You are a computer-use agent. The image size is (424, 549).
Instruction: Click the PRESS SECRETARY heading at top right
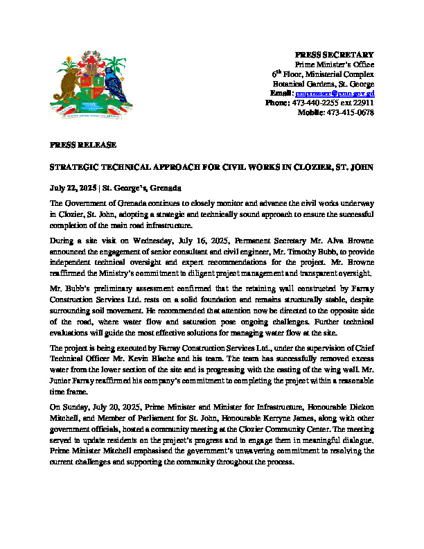pos(335,54)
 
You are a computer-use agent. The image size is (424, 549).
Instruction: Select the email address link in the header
pos(335,93)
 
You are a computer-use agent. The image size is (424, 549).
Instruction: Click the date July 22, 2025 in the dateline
pos(73,188)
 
